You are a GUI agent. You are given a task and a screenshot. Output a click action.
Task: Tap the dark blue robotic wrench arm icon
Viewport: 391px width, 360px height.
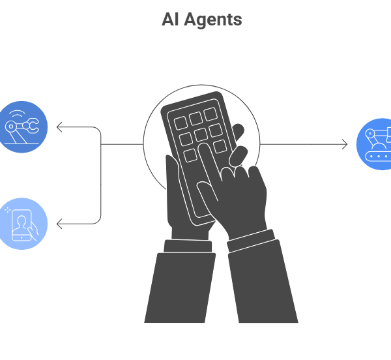(x=22, y=127)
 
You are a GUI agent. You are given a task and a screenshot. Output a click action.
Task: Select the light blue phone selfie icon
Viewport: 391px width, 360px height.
(x=23, y=224)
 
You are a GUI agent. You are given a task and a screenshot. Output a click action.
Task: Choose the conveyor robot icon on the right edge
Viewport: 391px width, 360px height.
(x=376, y=144)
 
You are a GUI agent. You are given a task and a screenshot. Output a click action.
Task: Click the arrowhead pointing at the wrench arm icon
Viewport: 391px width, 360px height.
(x=59, y=127)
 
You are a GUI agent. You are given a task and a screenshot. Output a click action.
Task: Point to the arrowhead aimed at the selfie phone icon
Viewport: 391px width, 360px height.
(x=59, y=224)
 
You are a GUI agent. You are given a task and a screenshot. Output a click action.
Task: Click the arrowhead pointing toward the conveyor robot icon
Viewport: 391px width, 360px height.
(x=345, y=144)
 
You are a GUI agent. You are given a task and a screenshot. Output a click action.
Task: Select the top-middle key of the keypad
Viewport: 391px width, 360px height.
(x=195, y=118)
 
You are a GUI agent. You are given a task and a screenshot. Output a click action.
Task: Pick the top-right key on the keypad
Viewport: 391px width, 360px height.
(x=210, y=114)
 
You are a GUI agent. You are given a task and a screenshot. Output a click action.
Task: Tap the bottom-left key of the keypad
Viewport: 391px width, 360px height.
(x=190, y=155)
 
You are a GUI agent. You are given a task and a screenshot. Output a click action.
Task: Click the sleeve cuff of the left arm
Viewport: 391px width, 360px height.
(x=187, y=246)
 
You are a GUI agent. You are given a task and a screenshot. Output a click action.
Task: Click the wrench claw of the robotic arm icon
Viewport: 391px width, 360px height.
(x=31, y=126)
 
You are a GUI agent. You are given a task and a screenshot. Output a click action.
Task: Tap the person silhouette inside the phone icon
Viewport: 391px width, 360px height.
(x=23, y=225)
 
